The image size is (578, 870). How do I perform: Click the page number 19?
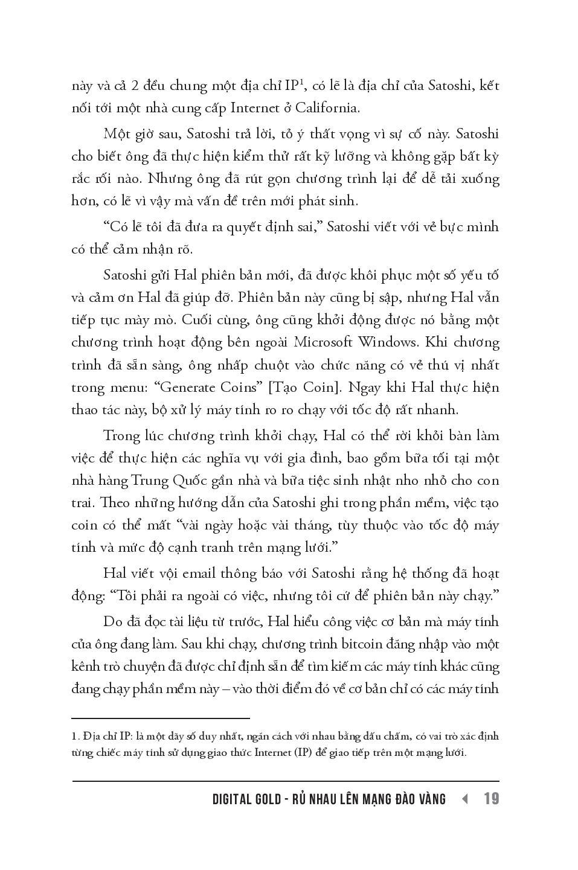tap(491, 799)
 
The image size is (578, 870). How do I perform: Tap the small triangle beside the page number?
tap(464, 799)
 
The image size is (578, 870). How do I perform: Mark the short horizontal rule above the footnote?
tap(161, 718)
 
